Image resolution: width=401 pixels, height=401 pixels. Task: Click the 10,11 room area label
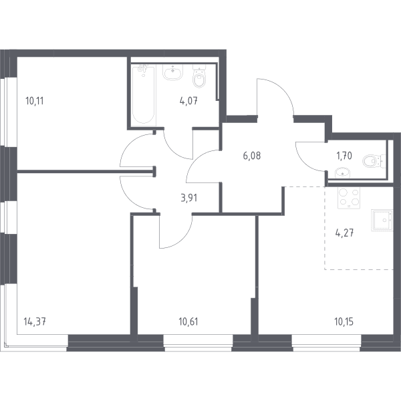[x=35, y=101]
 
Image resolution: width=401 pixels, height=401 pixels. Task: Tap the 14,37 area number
[x=35, y=321]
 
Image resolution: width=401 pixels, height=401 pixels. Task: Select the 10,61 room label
[x=188, y=321]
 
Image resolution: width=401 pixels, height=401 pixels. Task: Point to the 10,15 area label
[x=344, y=321]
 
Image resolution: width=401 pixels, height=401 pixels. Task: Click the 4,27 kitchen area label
[x=344, y=233]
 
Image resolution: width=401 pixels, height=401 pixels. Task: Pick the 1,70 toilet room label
[x=344, y=156]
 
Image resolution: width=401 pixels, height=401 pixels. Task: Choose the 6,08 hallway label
[x=252, y=156]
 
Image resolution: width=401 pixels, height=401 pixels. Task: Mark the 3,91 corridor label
[x=188, y=198]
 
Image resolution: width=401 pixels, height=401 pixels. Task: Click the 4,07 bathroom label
[x=188, y=101]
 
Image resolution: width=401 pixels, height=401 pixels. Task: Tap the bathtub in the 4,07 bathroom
[x=144, y=95]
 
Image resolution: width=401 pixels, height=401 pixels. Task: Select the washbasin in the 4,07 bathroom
[x=173, y=72]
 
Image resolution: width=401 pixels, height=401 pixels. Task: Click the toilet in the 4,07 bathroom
[x=199, y=76]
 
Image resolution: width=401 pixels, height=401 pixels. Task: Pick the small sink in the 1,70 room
[x=343, y=172]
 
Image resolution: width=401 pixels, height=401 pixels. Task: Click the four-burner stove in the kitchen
[x=349, y=198]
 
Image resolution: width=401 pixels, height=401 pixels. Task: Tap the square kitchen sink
[x=382, y=220]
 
